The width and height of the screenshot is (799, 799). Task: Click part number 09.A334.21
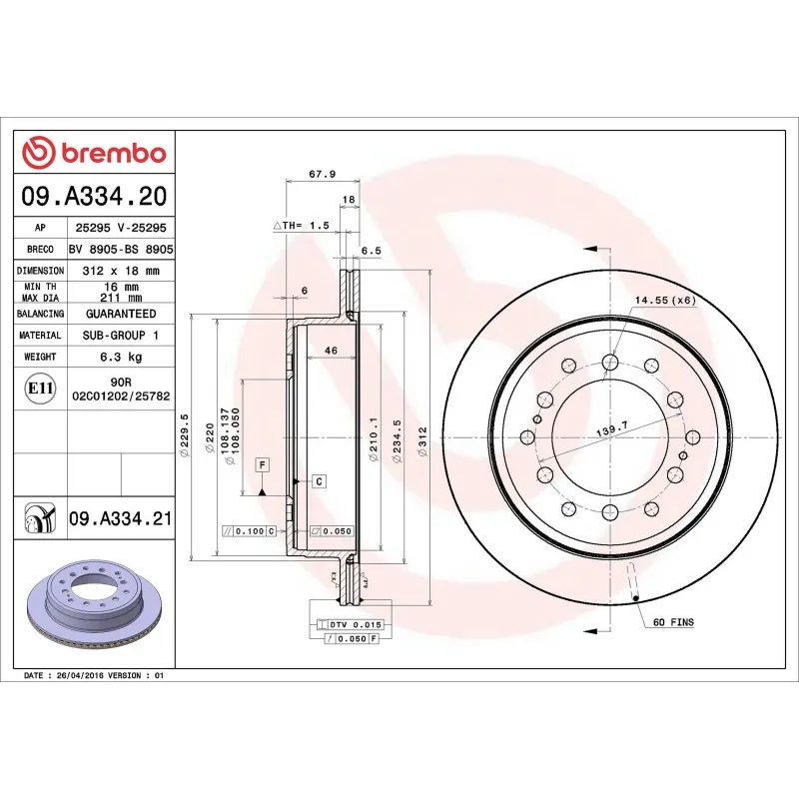pyautogui.click(x=121, y=518)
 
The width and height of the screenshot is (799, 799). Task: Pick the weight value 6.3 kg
pyautogui.click(x=121, y=357)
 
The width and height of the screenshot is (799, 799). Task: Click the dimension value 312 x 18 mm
pyautogui.click(x=121, y=271)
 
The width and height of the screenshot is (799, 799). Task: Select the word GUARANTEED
pyautogui.click(x=121, y=314)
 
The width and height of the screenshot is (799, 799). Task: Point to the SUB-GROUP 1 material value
pyautogui.click(x=121, y=336)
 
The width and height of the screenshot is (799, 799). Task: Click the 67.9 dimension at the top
pyautogui.click(x=322, y=174)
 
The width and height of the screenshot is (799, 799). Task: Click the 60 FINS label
pyautogui.click(x=673, y=622)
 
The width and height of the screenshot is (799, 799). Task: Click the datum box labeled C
pyautogui.click(x=319, y=481)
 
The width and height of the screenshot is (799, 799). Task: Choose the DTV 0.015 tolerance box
pyautogui.click(x=349, y=624)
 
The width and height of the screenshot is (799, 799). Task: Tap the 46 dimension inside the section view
pyautogui.click(x=330, y=351)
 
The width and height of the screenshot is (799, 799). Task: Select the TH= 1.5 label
pyautogui.click(x=302, y=226)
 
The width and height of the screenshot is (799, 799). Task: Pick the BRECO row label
pyautogui.click(x=39, y=249)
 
